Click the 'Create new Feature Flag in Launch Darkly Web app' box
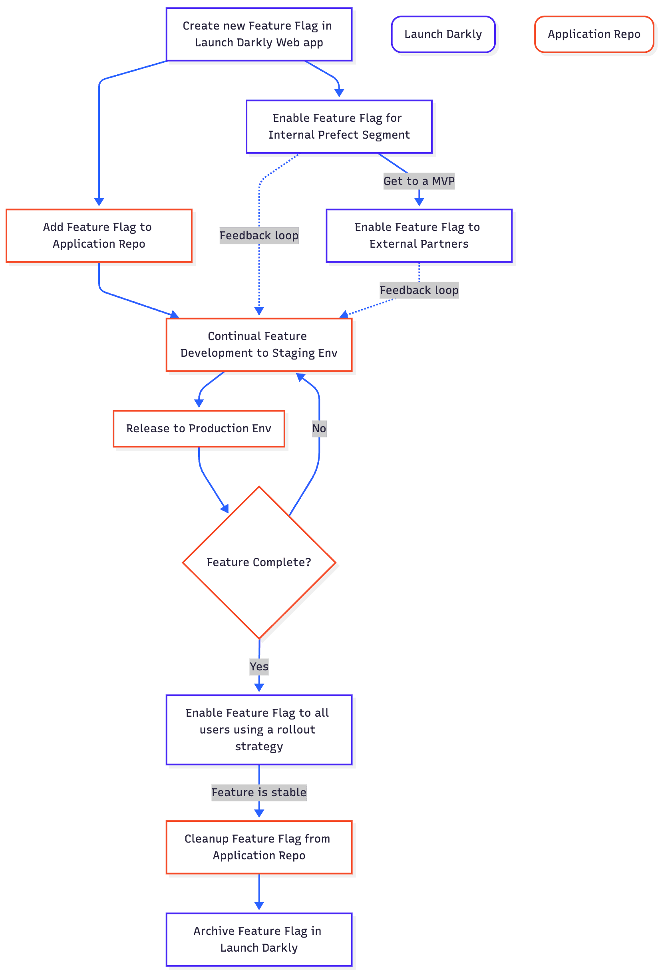click(x=258, y=34)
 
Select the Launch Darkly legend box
click(x=443, y=34)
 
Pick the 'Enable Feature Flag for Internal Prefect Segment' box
click(x=339, y=127)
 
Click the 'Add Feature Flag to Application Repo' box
click(x=99, y=236)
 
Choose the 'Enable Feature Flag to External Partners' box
click(x=419, y=236)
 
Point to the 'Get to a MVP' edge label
click(x=419, y=181)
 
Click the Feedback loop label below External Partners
click(x=419, y=290)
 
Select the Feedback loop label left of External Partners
click(x=259, y=236)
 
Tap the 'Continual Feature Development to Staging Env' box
click(x=258, y=344)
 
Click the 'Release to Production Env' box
click(x=199, y=428)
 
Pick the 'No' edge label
click(x=319, y=428)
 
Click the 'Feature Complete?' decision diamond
click(x=259, y=563)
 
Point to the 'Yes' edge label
click(x=259, y=666)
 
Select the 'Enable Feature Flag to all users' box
click(x=258, y=730)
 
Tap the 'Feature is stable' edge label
click(x=259, y=792)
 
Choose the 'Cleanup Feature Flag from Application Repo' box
click(x=258, y=847)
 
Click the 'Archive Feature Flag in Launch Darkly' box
click(x=258, y=939)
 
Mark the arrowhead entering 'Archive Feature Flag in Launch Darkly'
click(x=259, y=906)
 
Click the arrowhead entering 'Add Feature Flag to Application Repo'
click(x=99, y=202)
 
